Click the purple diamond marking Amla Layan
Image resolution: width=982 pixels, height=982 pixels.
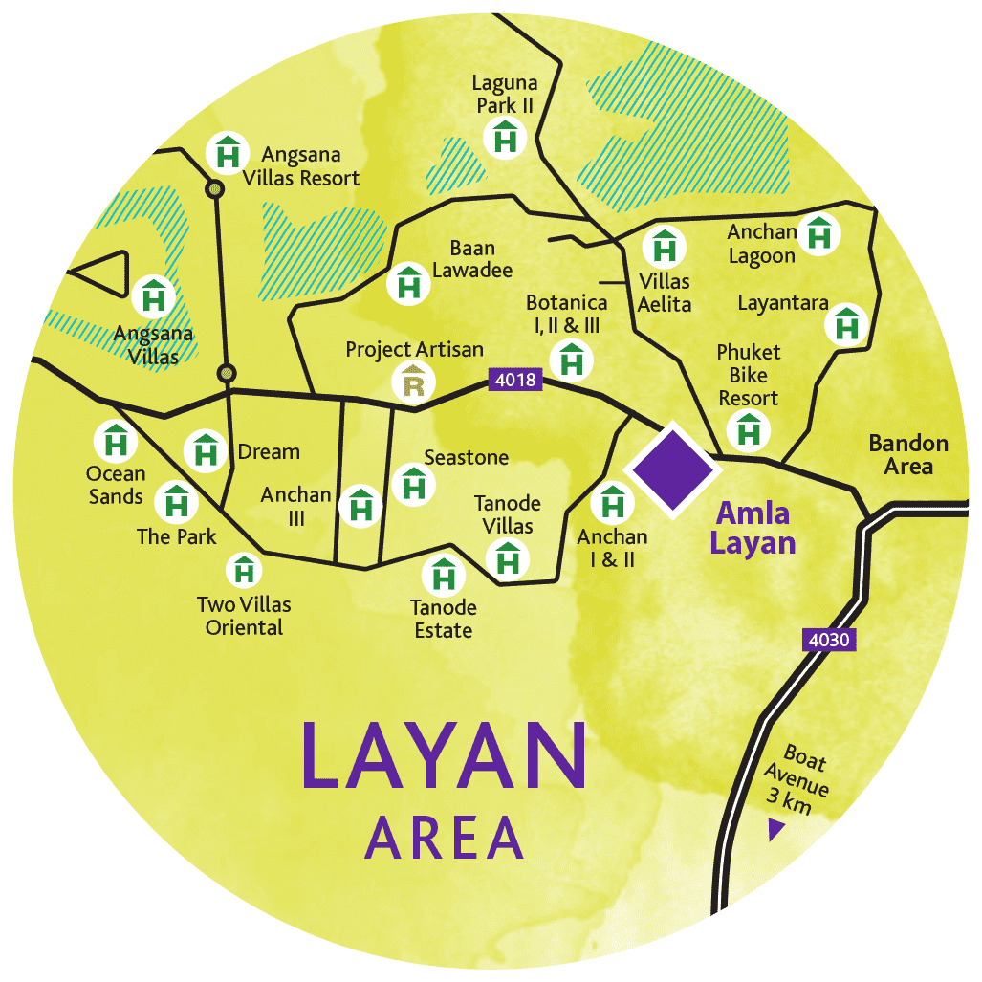click(671, 469)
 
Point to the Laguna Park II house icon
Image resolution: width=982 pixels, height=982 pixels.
click(505, 138)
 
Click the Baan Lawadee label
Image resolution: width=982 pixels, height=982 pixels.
click(472, 259)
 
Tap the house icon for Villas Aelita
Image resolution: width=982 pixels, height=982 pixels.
click(663, 248)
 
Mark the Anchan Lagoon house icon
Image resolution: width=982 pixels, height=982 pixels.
click(819, 234)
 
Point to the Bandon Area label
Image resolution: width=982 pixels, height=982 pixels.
click(908, 454)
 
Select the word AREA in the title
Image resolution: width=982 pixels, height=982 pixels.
click(445, 838)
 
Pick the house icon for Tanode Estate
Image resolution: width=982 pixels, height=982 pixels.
click(444, 577)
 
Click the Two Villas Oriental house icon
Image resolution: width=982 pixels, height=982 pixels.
click(245, 572)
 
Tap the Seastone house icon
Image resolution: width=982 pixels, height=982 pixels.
click(414, 485)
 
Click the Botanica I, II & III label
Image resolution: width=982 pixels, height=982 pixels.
click(566, 314)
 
